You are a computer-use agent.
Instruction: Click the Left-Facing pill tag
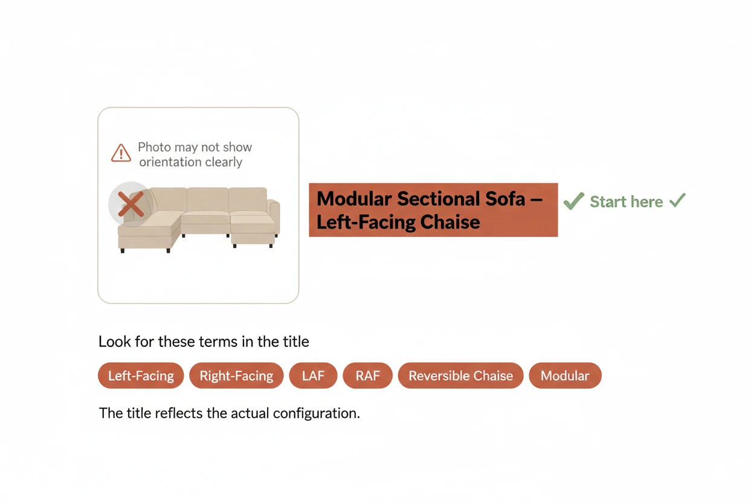point(141,375)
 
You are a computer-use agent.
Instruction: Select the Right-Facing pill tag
point(236,375)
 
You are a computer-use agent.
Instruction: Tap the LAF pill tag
point(313,375)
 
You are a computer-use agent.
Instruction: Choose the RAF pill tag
point(367,375)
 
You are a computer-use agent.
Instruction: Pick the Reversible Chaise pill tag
point(460,375)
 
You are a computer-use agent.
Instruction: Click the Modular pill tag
point(565,375)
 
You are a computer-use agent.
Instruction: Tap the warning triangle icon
point(121,153)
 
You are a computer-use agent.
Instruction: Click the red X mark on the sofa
point(131,204)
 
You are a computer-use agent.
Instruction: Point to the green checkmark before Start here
point(573,201)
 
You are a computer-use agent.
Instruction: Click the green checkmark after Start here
point(677,200)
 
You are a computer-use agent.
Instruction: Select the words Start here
point(627,202)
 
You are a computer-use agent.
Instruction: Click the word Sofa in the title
point(504,198)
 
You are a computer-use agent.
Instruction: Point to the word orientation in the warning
point(170,162)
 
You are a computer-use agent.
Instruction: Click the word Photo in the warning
point(155,148)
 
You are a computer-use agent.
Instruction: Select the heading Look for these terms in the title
point(204,342)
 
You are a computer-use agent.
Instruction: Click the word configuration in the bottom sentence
point(317,414)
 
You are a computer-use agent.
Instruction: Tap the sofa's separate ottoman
point(253,230)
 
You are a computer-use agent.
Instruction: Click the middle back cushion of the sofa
point(208,200)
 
